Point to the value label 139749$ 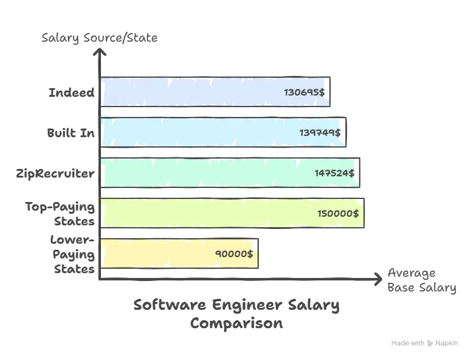(x=319, y=132)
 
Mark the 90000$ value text (x=234, y=254)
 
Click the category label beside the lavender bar (x=73, y=92)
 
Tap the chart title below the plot (x=237, y=313)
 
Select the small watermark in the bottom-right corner (x=425, y=342)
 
